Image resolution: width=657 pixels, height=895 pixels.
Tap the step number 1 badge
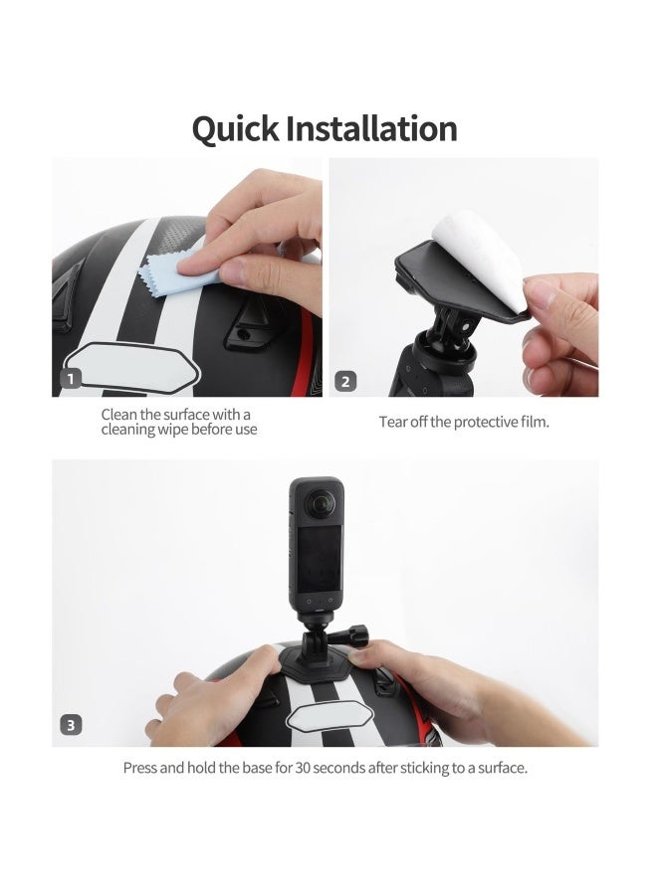[x=70, y=379]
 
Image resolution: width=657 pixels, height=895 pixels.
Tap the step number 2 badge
[x=345, y=380]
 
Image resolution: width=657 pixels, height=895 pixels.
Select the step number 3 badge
[x=70, y=725]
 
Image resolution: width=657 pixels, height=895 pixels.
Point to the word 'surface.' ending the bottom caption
[x=500, y=768]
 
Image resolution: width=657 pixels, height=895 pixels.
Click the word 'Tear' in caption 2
[x=392, y=422]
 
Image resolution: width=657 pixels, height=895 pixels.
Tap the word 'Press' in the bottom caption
[x=140, y=768]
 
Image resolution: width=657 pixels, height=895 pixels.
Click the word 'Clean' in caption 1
[x=120, y=414]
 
